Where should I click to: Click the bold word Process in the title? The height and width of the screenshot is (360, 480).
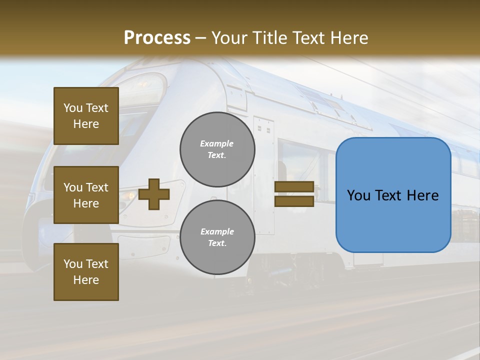coord(157,38)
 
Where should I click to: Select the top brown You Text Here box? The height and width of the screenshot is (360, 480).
coord(86,116)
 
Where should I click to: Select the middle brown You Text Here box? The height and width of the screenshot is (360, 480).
coord(86,195)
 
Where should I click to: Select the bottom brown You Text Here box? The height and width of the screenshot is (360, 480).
coord(86,272)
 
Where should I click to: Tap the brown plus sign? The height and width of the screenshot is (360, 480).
coord(154,194)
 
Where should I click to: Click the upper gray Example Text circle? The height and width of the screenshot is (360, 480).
coord(217,149)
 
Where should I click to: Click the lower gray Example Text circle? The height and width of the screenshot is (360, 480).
coord(217,237)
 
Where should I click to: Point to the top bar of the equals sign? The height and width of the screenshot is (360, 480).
coord(294,187)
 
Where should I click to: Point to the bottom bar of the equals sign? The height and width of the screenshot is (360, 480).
coord(294,201)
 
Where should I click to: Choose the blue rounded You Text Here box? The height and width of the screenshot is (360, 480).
coord(393,195)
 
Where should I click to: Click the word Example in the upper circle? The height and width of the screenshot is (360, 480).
coord(217,143)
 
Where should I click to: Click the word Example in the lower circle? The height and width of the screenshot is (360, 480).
coord(217,231)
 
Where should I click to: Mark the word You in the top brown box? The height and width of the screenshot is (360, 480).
coord(72,108)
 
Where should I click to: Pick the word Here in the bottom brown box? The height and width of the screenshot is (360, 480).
coord(86,280)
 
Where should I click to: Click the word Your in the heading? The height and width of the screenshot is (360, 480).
coord(228,38)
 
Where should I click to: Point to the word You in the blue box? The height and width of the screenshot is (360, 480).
coord(358,195)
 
